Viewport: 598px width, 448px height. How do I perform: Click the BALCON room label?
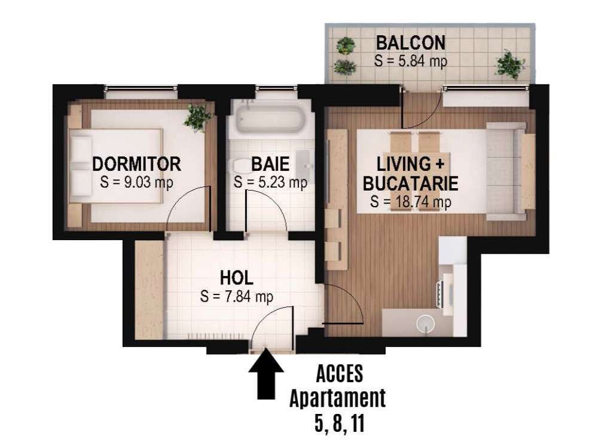(x=410, y=43)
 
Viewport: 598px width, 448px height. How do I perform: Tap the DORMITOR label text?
(x=136, y=164)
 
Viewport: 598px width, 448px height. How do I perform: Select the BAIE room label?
(x=270, y=164)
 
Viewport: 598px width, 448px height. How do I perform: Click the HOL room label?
(x=237, y=278)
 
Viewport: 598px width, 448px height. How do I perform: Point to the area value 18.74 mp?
(x=410, y=202)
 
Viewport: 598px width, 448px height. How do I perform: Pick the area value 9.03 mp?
(x=136, y=182)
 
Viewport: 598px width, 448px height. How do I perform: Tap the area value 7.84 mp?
(x=237, y=296)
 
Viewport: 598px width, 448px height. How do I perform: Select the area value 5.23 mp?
(x=270, y=182)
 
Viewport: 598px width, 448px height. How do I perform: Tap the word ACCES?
(x=338, y=375)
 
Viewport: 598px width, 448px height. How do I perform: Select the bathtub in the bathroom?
(x=269, y=118)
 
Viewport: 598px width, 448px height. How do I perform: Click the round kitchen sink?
(x=425, y=323)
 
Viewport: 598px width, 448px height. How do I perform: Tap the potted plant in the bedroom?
(x=197, y=117)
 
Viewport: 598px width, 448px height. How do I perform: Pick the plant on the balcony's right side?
(x=510, y=64)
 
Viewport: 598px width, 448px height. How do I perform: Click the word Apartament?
(x=338, y=398)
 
